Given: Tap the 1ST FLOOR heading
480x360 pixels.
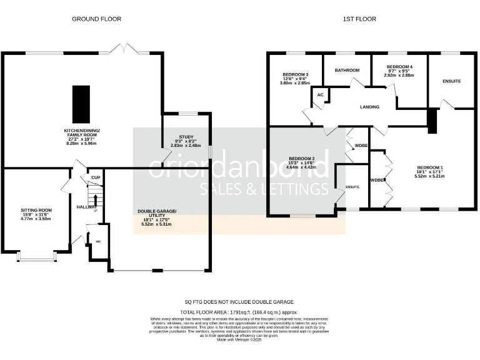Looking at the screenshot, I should [360, 19].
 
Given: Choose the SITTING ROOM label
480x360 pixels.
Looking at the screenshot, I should [36, 210].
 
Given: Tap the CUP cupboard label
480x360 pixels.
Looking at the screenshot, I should [96, 178].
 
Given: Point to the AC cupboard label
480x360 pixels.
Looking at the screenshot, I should [321, 95].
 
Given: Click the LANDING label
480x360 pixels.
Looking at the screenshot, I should [369, 107].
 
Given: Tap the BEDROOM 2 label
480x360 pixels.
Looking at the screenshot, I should [301, 159].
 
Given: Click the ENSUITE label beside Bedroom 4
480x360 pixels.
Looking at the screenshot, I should [451, 81].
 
